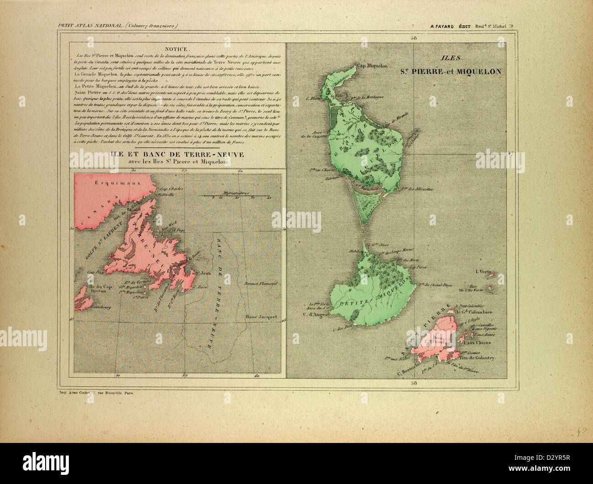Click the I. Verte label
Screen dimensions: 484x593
point(483,272)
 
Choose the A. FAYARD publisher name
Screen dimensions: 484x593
point(444,26)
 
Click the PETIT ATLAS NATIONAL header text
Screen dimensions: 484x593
point(90,26)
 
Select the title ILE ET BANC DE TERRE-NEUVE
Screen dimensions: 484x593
point(177,155)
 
